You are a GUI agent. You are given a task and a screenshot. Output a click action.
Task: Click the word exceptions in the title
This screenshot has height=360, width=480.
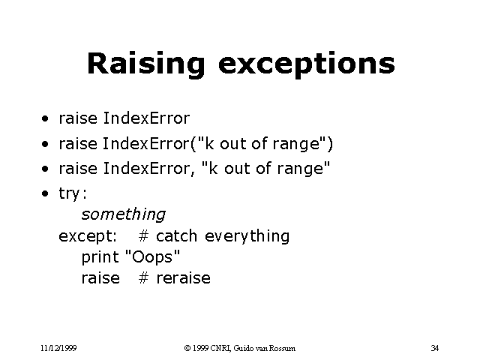click(x=306, y=64)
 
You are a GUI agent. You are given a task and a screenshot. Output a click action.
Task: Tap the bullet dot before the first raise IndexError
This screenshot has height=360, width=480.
click(x=46, y=118)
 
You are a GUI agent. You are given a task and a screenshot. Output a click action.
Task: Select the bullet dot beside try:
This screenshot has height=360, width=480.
click(x=46, y=193)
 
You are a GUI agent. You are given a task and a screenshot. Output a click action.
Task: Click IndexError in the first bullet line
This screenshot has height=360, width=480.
click(x=146, y=118)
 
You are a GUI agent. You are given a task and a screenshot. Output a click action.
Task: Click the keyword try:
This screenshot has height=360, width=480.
click(x=73, y=193)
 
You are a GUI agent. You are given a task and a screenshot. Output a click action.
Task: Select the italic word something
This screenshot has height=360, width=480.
click(x=124, y=214)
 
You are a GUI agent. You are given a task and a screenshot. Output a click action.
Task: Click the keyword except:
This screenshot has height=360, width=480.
click(x=88, y=236)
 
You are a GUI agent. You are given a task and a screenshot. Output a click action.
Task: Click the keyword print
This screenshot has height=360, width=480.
click(x=100, y=257)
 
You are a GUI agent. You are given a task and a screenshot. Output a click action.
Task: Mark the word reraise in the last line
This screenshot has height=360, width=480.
click(x=183, y=278)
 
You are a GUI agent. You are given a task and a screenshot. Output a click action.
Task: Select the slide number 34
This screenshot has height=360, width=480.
click(x=435, y=348)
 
